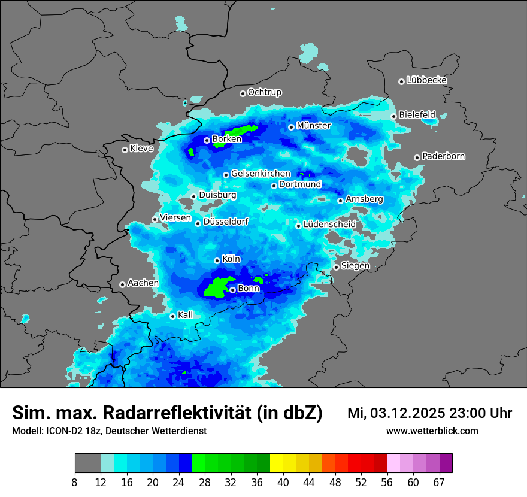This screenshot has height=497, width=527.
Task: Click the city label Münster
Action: point(313,126)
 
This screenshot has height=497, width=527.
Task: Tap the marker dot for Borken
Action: point(207,140)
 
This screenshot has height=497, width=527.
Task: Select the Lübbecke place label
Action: point(426,80)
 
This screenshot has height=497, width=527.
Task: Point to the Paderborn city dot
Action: point(417,157)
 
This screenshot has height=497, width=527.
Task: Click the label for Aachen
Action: point(143,283)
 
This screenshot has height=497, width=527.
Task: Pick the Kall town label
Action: point(186,315)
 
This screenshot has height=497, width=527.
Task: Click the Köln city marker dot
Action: point(217,260)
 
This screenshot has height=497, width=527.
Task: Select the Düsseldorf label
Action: point(226,222)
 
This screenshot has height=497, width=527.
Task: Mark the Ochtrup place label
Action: point(264,92)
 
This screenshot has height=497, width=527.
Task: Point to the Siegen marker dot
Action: point(336,267)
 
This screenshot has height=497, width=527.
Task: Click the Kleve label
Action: point(141,149)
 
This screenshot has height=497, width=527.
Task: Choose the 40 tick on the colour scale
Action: point(283,482)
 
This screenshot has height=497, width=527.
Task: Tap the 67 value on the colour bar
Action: point(439,482)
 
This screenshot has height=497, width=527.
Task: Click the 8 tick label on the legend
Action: point(75,482)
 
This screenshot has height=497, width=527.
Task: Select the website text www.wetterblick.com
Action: point(432,431)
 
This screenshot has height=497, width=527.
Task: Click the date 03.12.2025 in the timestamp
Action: point(407,413)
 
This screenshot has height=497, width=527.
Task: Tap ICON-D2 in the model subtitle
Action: point(63,431)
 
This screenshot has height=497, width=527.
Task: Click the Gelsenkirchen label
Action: point(261,174)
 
